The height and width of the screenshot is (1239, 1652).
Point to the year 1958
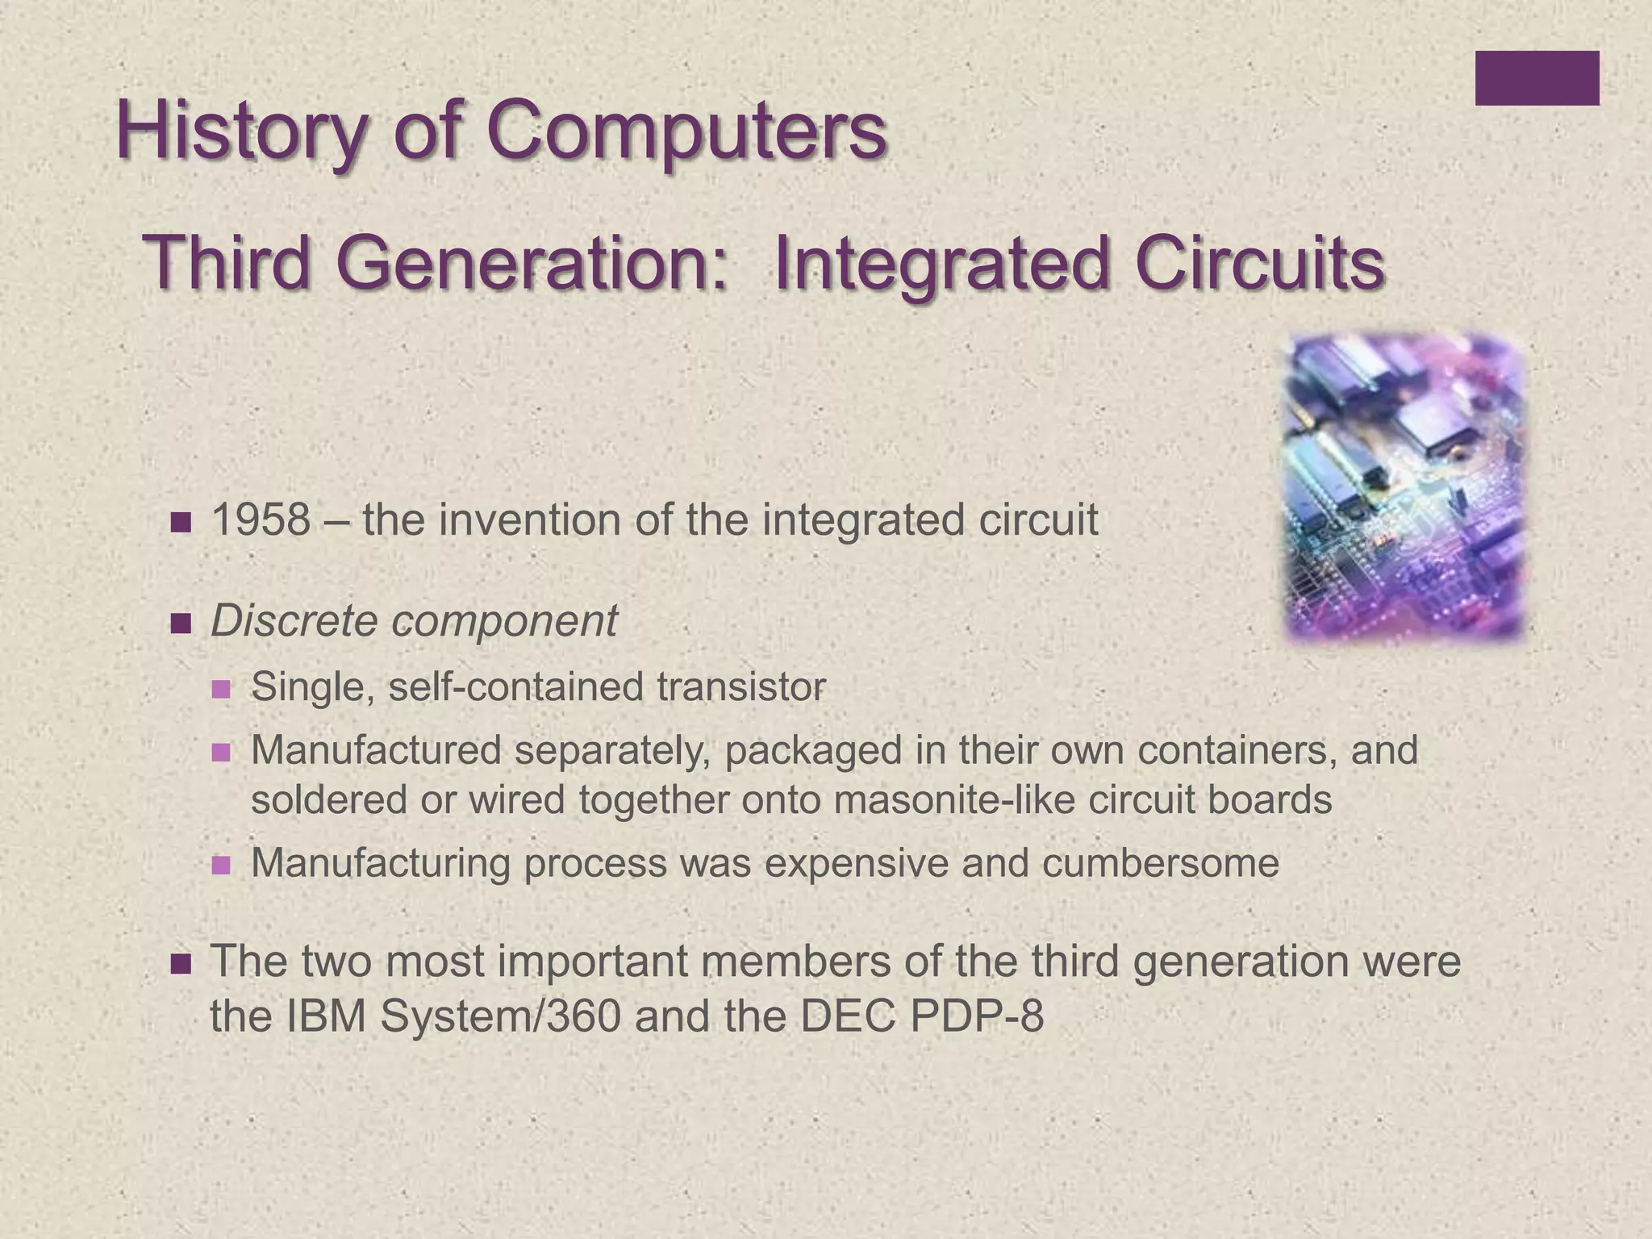pos(260,520)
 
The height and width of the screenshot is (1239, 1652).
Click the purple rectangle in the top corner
pos(1537,78)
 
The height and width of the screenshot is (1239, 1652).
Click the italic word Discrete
pos(294,621)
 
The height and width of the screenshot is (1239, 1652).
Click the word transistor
pos(740,687)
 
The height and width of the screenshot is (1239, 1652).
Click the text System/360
pos(500,1016)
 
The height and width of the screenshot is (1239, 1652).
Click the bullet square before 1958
pos(181,523)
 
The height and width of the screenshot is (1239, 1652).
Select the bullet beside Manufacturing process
pos(220,866)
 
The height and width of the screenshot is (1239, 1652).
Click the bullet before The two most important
pos(181,964)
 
